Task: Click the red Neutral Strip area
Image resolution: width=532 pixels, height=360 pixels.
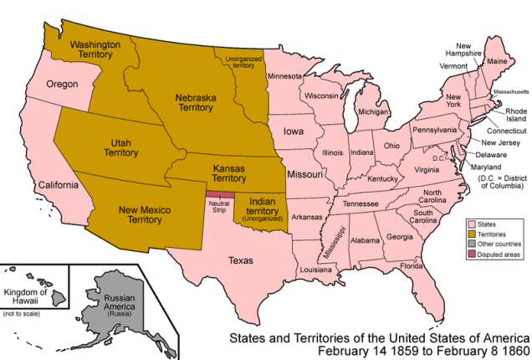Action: click(x=220, y=197)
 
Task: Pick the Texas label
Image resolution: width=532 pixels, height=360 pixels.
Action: click(x=241, y=260)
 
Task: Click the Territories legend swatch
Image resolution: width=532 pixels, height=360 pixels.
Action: click(x=471, y=234)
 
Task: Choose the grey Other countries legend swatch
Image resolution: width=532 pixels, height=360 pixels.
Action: click(x=471, y=244)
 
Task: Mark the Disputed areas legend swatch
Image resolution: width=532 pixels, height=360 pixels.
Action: click(x=471, y=255)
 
